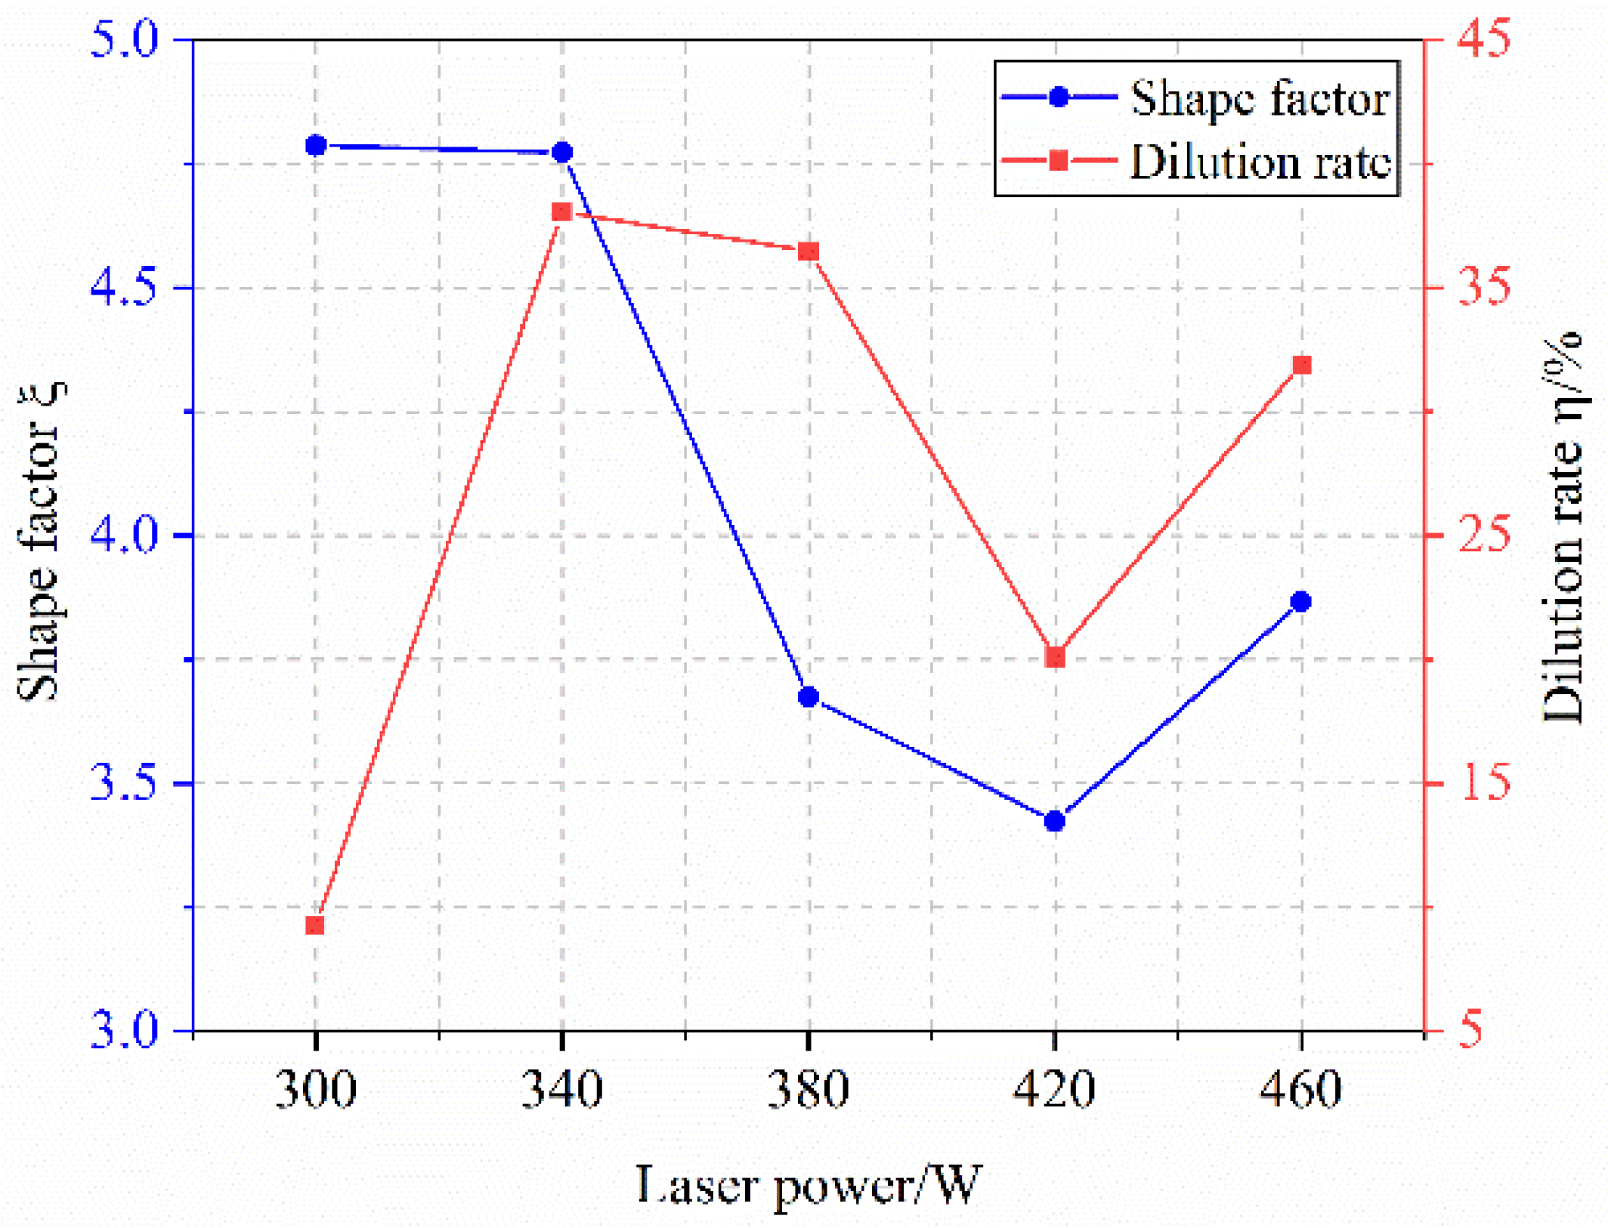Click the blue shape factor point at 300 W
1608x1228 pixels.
click(x=316, y=145)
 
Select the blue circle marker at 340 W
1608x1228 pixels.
click(x=562, y=153)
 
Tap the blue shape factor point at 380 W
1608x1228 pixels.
click(x=809, y=696)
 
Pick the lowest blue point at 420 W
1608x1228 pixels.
click(x=1055, y=821)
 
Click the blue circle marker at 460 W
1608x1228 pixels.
click(x=1301, y=602)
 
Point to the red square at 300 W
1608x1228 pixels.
click(x=315, y=926)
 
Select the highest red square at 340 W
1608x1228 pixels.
click(x=561, y=212)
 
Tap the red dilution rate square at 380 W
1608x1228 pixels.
click(x=809, y=251)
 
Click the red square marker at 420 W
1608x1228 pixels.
click(x=1056, y=658)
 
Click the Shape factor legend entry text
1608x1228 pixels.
click(x=1260, y=98)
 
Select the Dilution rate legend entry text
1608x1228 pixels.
click(x=1260, y=162)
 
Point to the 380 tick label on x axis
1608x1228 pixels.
click(x=809, y=1090)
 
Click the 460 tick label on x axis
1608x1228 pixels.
click(x=1301, y=1090)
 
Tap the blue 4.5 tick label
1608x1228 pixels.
click(x=123, y=288)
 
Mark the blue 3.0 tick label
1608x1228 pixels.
click(x=123, y=1030)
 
